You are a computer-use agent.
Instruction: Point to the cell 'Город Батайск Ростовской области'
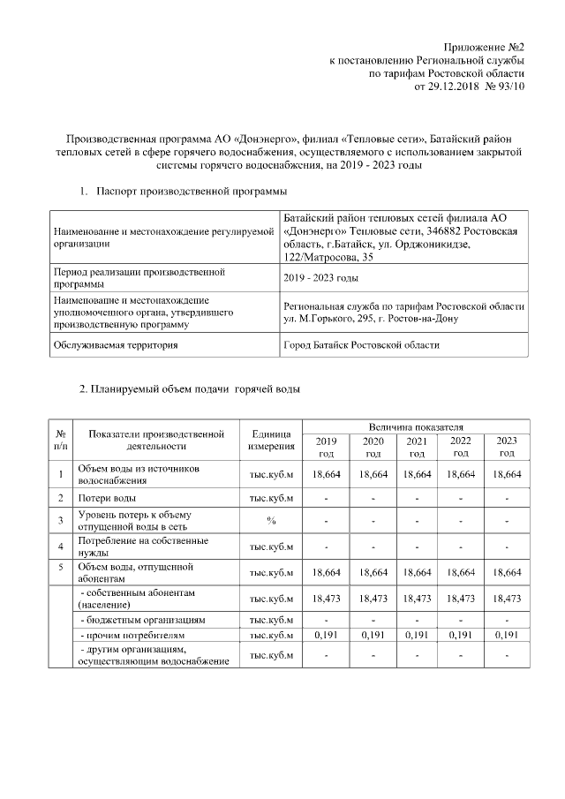[x=361, y=345]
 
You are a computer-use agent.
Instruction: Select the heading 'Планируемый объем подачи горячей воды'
[x=190, y=389]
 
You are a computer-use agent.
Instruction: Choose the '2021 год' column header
[x=416, y=447]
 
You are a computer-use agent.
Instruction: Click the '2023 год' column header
[x=506, y=447]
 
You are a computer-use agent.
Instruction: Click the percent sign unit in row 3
[x=271, y=520]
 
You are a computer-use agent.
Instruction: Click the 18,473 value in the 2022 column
[x=460, y=599]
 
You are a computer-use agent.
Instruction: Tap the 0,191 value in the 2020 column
[x=373, y=635]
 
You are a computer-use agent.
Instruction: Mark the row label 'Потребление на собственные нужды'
[x=143, y=546]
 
